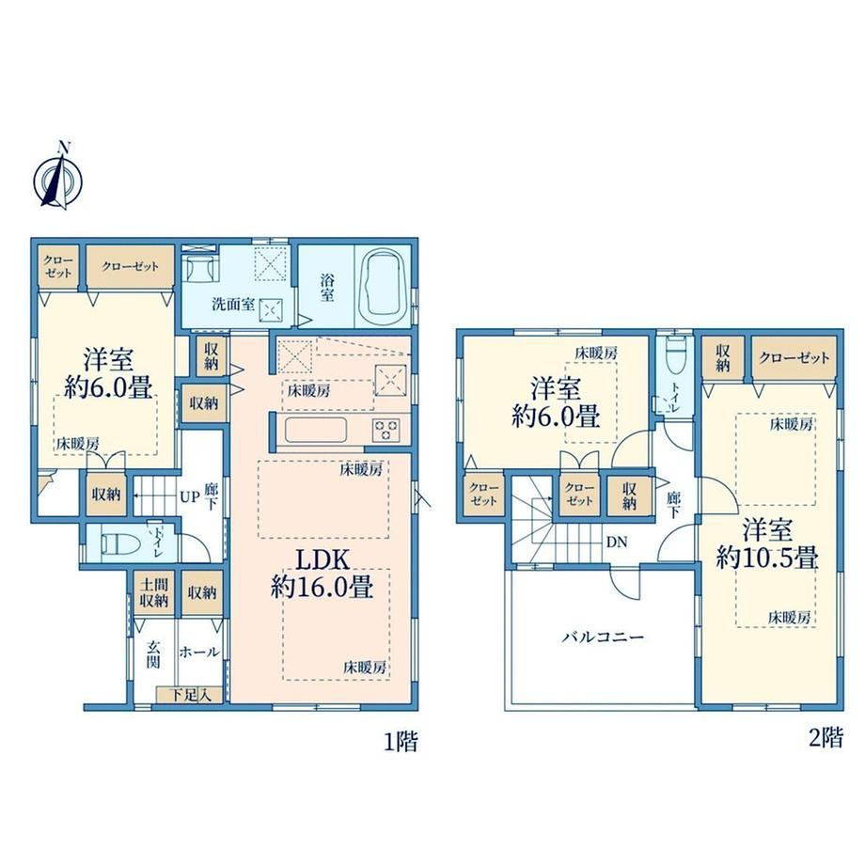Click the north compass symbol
click(57, 179)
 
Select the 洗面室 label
click(233, 304)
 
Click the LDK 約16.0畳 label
click(322, 574)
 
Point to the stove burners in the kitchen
click(386, 430)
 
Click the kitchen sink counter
click(316, 431)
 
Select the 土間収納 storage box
click(154, 593)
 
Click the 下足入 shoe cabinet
click(189, 695)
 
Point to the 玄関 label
click(153, 653)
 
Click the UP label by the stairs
click(189, 497)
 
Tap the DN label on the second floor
click(617, 543)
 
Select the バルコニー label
click(603, 637)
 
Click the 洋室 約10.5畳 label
click(767, 544)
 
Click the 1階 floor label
click(401, 741)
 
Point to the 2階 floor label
click(826, 737)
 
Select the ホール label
click(199, 653)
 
